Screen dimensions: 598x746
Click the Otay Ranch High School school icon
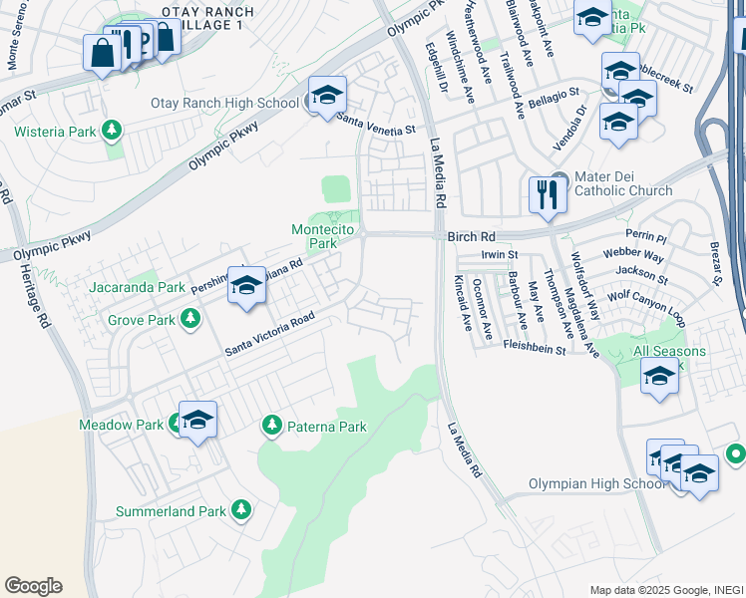[x=327, y=96]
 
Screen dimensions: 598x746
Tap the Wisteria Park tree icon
[x=113, y=131]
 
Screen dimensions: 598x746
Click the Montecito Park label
[x=314, y=236]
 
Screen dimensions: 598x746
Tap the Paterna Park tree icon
[x=271, y=427]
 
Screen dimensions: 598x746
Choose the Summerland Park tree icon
[x=240, y=511]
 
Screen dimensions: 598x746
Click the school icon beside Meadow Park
[x=197, y=420]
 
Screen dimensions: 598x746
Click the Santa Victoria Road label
[x=269, y=335]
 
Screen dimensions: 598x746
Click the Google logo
[x=33, y=586]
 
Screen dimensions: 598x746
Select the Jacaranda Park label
[x=136, y=287]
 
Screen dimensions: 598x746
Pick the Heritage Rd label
[x=42, y=304]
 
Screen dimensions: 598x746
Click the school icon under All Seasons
[x=658, y=378]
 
